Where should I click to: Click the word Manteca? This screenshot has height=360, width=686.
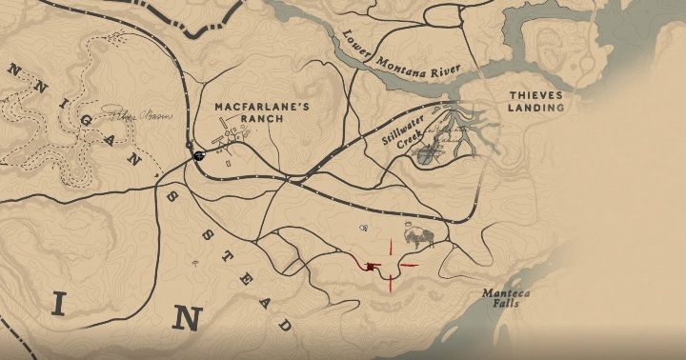click(x=506, y=292)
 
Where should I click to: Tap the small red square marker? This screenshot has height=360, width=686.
click(x=370, y=267)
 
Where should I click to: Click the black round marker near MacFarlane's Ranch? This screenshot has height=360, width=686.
click(x=199, y=155)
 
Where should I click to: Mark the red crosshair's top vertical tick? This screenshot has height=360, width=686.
click(x=389, y=248)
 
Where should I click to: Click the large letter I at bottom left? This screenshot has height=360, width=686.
click(x=59, y=305)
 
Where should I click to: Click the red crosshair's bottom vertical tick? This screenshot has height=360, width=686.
click(x=389, y=284)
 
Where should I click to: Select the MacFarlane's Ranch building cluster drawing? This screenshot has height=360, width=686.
click(x=230, y=138)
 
